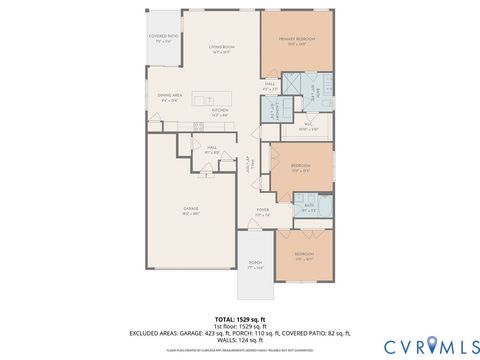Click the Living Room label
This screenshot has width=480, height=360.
221,47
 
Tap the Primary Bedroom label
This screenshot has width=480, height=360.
296,41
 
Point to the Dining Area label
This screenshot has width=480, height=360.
169,96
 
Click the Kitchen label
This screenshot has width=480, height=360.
220,110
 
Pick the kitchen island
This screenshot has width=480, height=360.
206,99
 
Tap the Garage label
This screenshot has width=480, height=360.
190,210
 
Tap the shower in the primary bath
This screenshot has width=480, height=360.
293,82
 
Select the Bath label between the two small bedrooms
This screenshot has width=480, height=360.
309,208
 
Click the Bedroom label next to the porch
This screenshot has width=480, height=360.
304,255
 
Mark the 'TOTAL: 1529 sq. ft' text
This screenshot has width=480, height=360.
239,319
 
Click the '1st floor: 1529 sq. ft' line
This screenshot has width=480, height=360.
239,326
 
